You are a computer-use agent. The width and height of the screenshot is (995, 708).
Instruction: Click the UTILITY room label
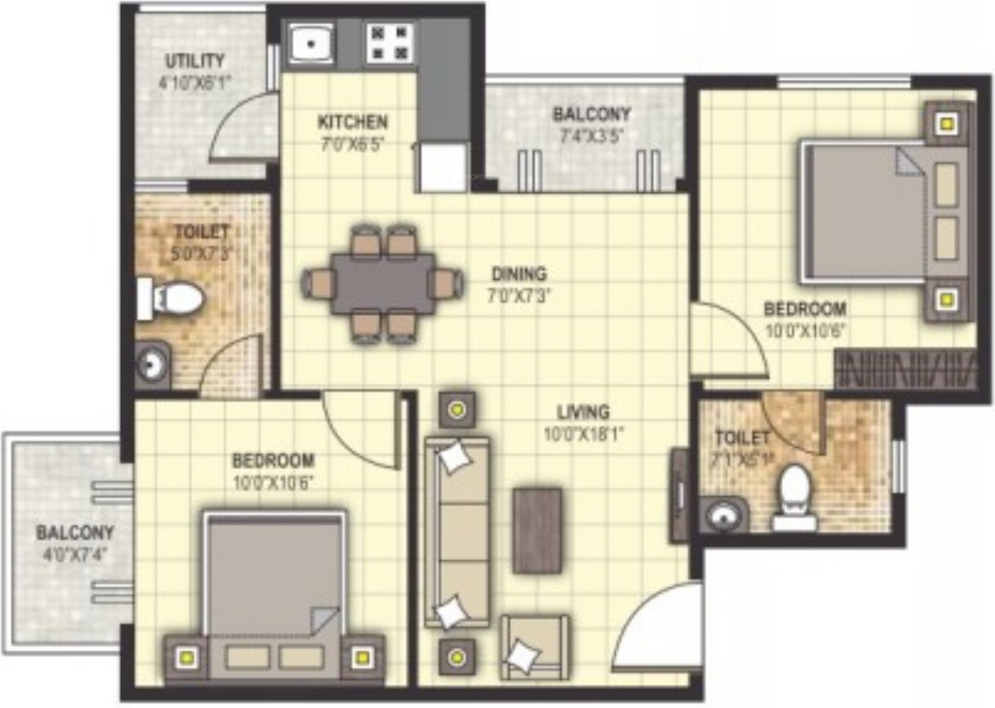(195, 62)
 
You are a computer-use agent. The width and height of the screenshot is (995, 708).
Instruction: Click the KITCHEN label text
(353, 123)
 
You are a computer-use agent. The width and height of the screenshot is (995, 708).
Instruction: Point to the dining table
(383, 282)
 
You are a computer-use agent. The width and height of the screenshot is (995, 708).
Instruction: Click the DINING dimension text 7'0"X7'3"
(519, 297)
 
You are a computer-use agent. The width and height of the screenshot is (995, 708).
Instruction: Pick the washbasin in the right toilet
(725, 514)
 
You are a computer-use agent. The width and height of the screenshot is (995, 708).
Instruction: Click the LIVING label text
(583, 412)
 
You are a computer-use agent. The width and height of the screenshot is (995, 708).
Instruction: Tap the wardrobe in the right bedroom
(906, 370)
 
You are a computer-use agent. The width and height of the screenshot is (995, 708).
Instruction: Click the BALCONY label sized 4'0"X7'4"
(75, 533)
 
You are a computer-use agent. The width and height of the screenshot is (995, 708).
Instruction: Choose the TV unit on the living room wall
(678, 495)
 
